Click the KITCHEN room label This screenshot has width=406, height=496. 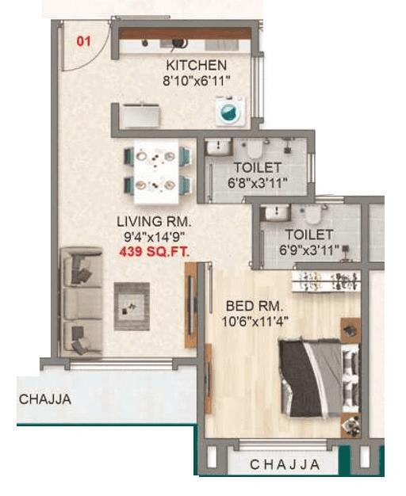[196, 65]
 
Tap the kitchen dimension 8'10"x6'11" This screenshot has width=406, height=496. [196, 80]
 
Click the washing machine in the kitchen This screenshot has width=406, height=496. [228, 110]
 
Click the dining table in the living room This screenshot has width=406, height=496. [158, 170]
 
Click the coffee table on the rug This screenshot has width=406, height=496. [132, 305]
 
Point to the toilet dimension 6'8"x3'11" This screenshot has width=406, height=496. [256, 183]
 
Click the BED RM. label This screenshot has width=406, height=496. [255, 305]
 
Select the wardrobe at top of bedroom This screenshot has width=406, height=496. [326, 280]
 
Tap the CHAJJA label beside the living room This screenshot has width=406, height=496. [45, 399]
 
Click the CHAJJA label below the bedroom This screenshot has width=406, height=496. [285, 464]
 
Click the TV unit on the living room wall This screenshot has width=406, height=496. [190, 304]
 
